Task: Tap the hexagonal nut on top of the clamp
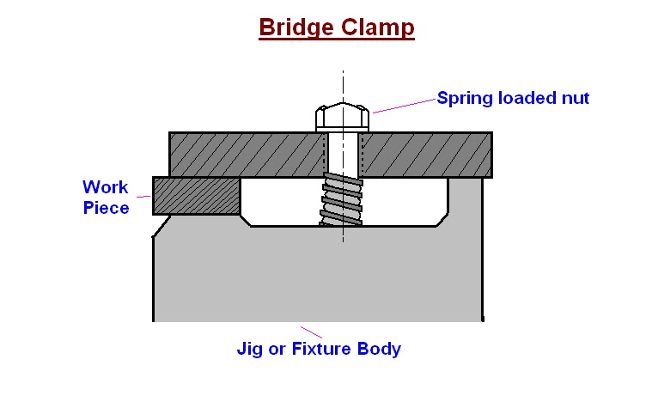point(343,117)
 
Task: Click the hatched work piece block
point(195,195)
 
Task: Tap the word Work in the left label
point(105,186)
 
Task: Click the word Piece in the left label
point(107,207)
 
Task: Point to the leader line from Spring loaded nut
point(404,105)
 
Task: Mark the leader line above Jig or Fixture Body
point(312,332)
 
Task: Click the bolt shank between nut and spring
point(343,152)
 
